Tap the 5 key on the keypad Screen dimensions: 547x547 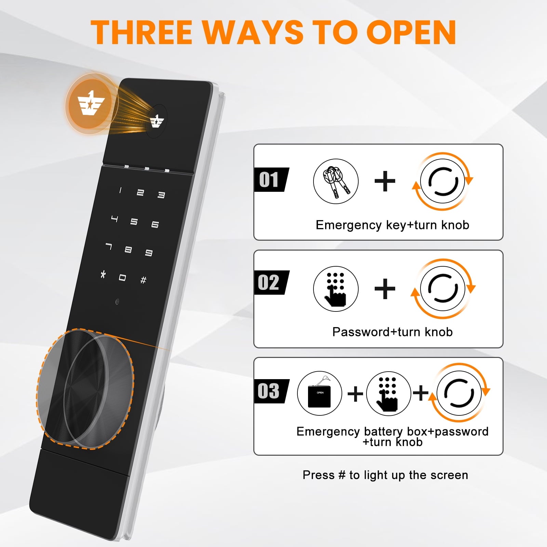(134, 222)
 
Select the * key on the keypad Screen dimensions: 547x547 (103, 274)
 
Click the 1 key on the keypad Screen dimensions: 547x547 (120, 190)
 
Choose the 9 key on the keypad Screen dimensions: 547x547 (149, 253)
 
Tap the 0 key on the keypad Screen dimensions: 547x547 (122, 278)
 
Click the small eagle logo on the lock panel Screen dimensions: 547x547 (157, 121)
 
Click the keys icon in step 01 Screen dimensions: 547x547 (336, 181)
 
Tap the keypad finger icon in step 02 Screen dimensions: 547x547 (336, 289)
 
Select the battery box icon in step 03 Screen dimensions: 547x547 (320, 393)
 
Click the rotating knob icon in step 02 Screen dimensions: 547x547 (443, 289)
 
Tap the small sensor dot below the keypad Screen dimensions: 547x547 (117, 302)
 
